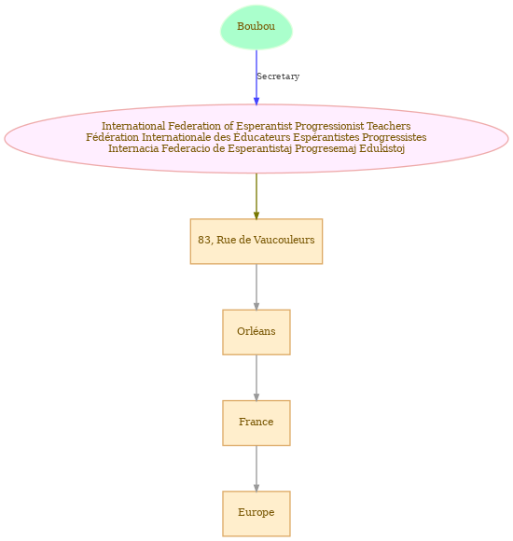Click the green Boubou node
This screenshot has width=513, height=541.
coord(256,27)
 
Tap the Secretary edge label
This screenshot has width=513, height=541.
coord(278,76)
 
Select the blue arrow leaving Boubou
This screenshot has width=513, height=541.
coord(256,77)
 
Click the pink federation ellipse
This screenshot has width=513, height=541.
coord(256,138)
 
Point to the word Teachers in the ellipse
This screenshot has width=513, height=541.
coord(388,126)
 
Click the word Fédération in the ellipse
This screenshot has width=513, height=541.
coord(113,137)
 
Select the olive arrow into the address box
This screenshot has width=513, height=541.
coord(256,196)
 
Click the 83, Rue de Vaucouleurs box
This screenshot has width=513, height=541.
coord(256,242)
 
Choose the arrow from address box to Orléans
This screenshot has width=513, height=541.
coord(256,287)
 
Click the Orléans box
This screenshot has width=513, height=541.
coord(256,332)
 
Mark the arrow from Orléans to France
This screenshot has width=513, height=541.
coord(256,378)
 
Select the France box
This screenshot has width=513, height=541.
coord(256,423)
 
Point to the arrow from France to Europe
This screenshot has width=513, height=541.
coord(256,468)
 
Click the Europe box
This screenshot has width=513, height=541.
coord(256,513)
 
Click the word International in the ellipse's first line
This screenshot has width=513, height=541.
coord(133,126)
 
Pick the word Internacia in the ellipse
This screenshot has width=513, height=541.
coord(133,148)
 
